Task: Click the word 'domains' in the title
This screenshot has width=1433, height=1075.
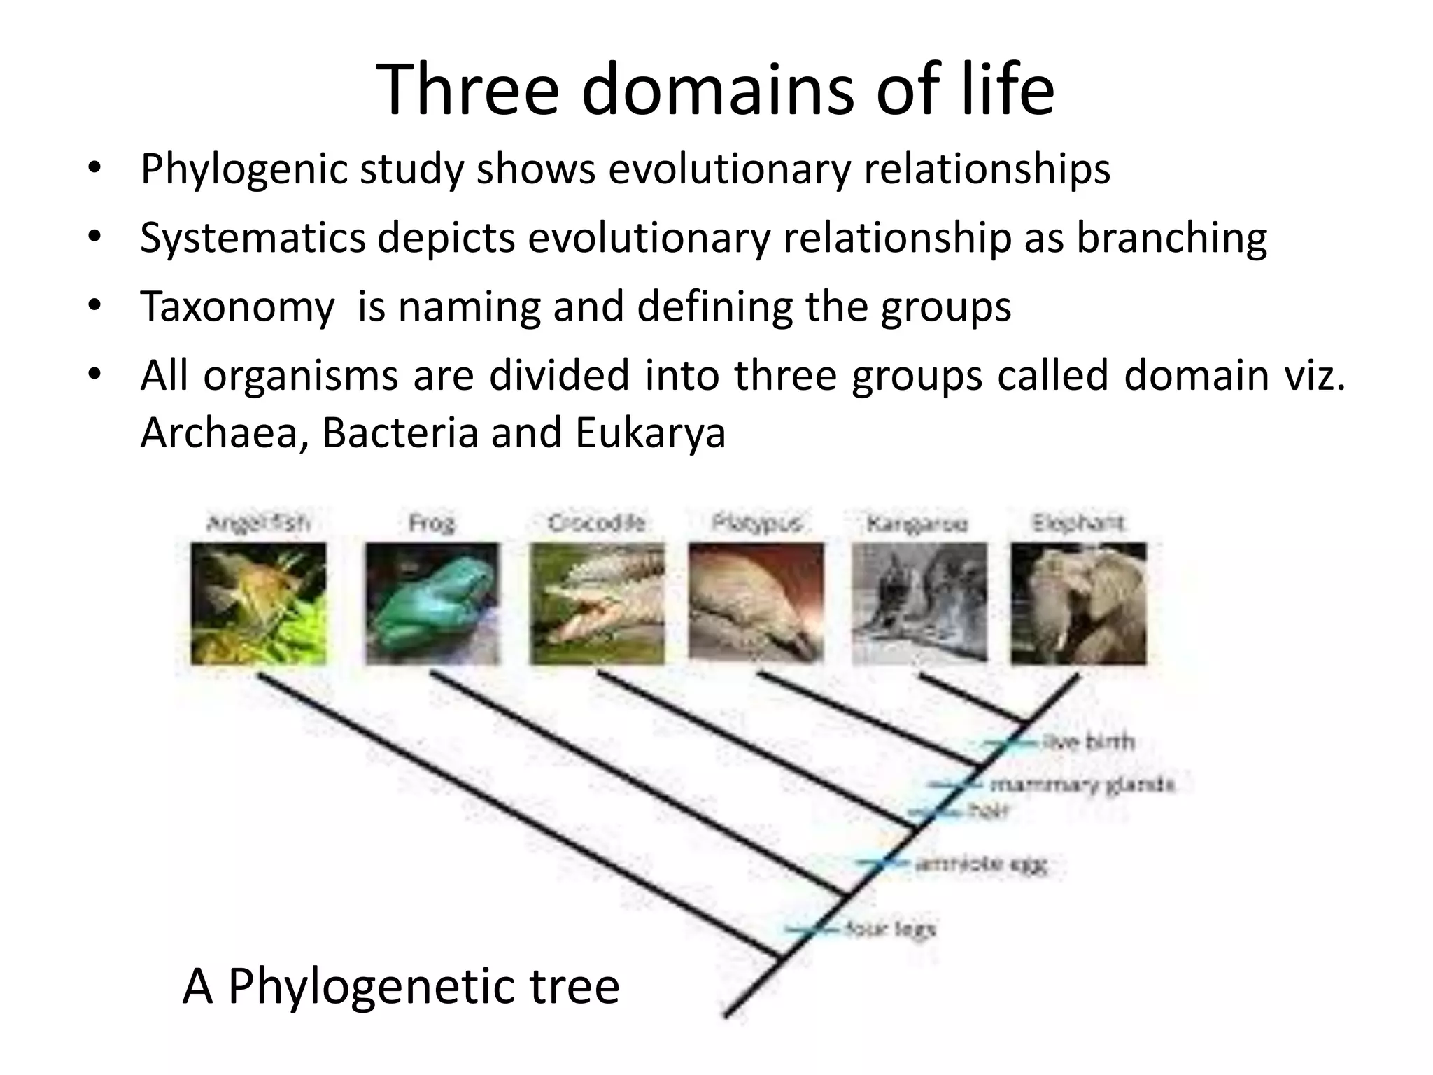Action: click(x=718, y=90)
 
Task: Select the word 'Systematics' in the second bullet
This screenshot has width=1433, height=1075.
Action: click(x=252, y=237)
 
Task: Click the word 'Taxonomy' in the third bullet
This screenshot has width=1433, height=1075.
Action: click(x=237, y=306)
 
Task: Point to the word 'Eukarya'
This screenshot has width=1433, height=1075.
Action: click(x=651, y=432)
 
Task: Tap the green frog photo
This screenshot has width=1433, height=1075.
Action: click(x=432, y=603)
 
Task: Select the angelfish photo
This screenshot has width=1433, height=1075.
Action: click(x=258, y=603)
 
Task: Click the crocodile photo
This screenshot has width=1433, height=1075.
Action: click(x=596, y=603)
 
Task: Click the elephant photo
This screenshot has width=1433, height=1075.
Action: click(x=1078, y=603)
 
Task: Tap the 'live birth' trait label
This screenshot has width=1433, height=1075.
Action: click(x=1089, y=742)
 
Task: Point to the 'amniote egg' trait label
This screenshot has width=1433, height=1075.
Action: click(x=981, y=864)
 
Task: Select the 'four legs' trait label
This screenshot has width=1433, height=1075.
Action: click(x=890, y=929)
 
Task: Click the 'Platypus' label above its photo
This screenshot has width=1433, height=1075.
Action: click(x=756, y=523)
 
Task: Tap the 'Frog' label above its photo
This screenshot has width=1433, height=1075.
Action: click(x=432, y=523)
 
